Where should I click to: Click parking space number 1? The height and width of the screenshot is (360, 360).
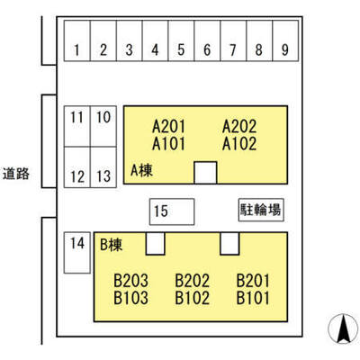77,40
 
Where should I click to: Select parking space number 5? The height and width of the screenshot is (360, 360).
181,40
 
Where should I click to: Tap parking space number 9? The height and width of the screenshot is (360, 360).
285,40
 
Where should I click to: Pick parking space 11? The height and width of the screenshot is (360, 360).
77,126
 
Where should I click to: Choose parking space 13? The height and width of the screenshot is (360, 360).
103,167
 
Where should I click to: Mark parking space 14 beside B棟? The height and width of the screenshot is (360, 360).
77,253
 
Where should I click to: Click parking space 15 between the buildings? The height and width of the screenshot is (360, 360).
172,211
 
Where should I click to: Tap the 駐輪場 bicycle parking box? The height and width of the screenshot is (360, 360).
261,210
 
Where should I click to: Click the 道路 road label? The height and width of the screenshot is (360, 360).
16,174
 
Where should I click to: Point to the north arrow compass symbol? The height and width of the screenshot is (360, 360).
343,328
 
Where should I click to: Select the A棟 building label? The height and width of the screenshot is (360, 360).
141,171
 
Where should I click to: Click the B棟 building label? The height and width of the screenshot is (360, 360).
111,245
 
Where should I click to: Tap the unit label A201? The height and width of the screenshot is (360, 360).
168,126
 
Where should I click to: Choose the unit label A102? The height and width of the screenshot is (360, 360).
239,144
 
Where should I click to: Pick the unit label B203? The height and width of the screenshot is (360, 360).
131,281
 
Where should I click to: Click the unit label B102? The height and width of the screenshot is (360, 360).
193,298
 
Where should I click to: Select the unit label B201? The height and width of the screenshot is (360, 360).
253,281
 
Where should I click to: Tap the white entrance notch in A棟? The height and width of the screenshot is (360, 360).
205,173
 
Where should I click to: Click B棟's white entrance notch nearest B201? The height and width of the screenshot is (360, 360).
229,244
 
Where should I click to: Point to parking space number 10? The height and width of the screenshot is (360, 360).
103,126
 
